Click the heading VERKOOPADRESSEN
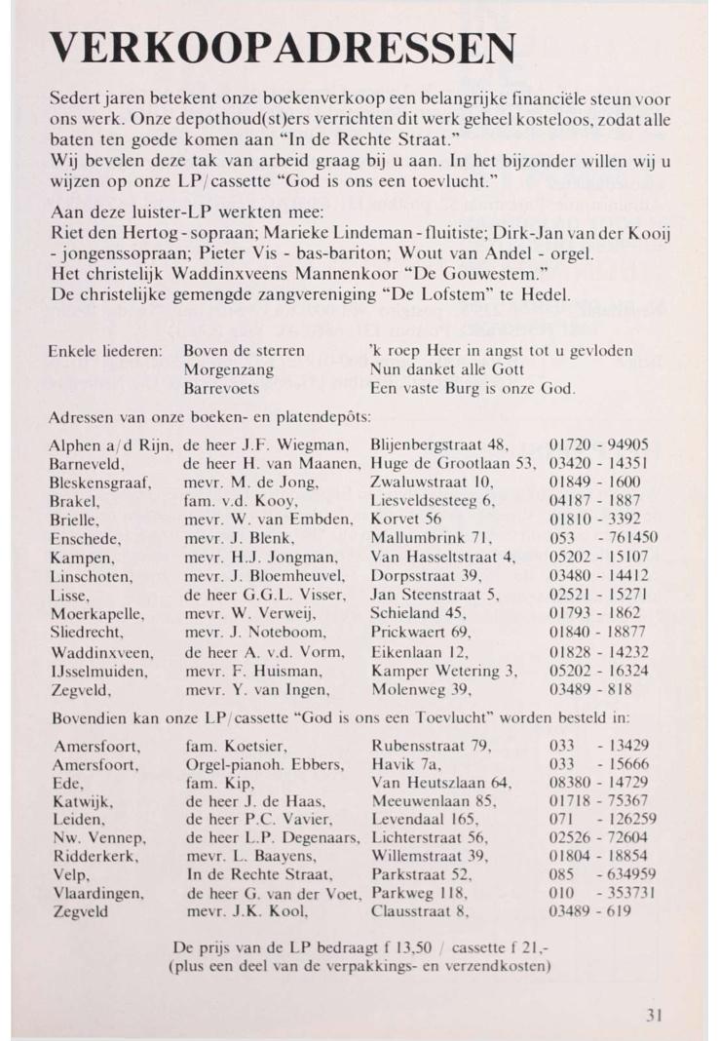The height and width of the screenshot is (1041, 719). [283, 48]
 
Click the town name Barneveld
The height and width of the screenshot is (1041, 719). [86, 463]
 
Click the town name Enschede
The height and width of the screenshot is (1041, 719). [86, 538]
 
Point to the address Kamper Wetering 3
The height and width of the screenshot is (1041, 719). [444, 670]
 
